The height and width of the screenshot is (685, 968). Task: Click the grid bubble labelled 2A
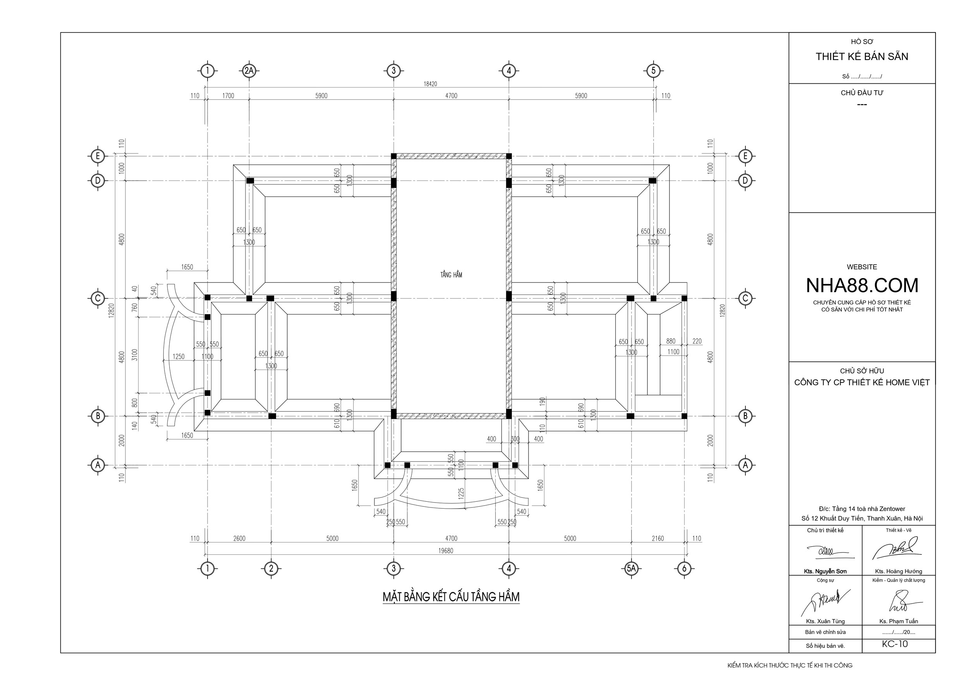tap(249, 71)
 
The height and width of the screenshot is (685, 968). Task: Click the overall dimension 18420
tap(430, 84)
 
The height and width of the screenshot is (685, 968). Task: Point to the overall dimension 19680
tap(446, 551)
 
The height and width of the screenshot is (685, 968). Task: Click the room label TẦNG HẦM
tap(451, 275)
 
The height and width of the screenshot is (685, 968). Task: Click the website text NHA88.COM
tap(862, 286)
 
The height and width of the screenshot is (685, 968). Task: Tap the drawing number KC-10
tap(895, 644)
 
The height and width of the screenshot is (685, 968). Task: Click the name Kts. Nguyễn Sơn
tap(825, 571)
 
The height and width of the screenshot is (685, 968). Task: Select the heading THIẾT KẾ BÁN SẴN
tap(862, 57)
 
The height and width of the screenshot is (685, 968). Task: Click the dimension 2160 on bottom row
tap(658, 538)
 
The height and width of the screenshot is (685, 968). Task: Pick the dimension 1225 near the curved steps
tap(461, 494)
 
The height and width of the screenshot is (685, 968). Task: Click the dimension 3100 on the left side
tap(134, 355)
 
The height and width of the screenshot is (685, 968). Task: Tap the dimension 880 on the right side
tap(671, 341)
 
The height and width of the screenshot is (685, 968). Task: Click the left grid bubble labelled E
tap(98, 156)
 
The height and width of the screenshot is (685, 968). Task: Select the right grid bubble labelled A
tap(745, 465)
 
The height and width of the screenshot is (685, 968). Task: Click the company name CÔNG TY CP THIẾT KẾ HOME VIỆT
tap(862, 382)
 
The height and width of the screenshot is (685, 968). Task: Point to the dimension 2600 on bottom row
tap(239, 538)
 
